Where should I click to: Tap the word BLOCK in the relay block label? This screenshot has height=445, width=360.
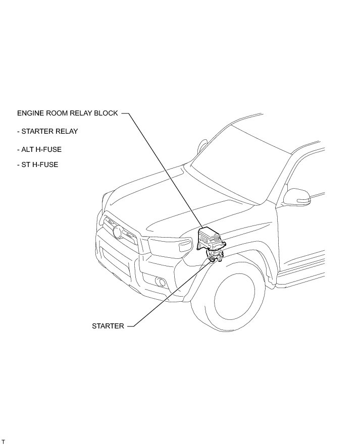point(107,114)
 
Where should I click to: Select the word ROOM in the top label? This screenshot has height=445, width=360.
point(59,114)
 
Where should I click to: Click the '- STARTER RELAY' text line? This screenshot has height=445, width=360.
point(47,132)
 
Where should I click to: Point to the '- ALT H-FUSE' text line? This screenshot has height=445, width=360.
point(39,150)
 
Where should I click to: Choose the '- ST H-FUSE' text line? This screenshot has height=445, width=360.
point(37,164)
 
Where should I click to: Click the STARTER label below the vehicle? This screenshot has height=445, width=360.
point(108,326)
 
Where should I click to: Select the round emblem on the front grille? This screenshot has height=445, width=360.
point(118,233)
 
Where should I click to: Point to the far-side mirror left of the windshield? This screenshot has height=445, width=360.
point(202,146)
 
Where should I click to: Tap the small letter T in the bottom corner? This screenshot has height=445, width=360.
point(3,442)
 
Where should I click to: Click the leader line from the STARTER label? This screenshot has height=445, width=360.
point(167,298)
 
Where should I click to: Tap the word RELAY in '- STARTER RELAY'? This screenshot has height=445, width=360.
point(67,132)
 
